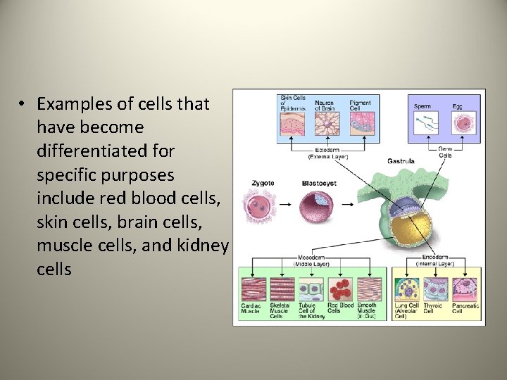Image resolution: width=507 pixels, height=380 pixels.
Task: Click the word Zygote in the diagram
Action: pyautogui.click(x=263, y=183)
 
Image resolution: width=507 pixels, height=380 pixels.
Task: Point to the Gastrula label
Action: pyautogui.click(x=401, y=161)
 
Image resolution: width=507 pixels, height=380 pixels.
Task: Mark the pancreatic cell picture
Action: pyautogui.click(x=465, y=289)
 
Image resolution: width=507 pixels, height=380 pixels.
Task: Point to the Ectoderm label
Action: pyautogui.click(x=325, y=151)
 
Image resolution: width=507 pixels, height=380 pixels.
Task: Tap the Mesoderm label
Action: pyautogui.click(x=310, y=259)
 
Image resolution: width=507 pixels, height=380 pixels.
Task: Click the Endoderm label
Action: pyautogui.click(x=437, y=259)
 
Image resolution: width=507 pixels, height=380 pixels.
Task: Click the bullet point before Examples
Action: pyautogui.click(x=23, y=104)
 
